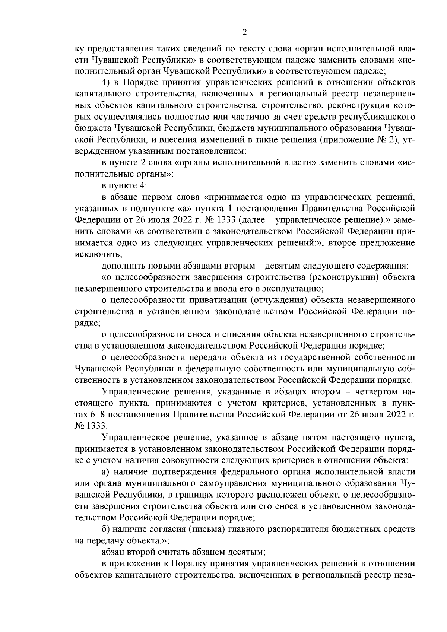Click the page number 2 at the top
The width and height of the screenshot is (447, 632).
(x=244, y=32)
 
